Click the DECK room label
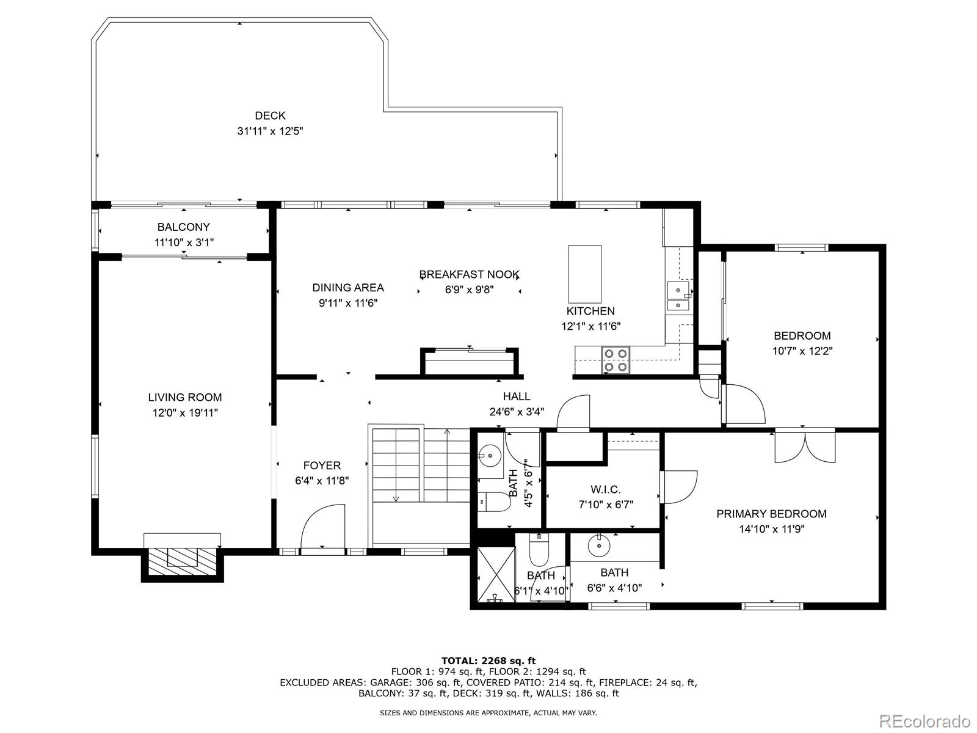[270, 115]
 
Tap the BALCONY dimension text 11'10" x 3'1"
[184, 243]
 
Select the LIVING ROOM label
[185, 397]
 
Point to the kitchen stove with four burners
[616, 360]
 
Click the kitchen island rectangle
[585, 274]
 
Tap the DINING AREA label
[348, 288]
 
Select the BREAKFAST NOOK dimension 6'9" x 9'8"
[469, 290]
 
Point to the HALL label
[517, 396]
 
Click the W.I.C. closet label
[605, 489]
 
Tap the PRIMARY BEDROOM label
[771, 514]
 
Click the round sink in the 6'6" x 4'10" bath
[598, 545]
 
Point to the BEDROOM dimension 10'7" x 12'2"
[802, 351]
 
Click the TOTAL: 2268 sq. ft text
[488, 661]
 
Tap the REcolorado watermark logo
[924, 720]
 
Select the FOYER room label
[322, 465]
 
